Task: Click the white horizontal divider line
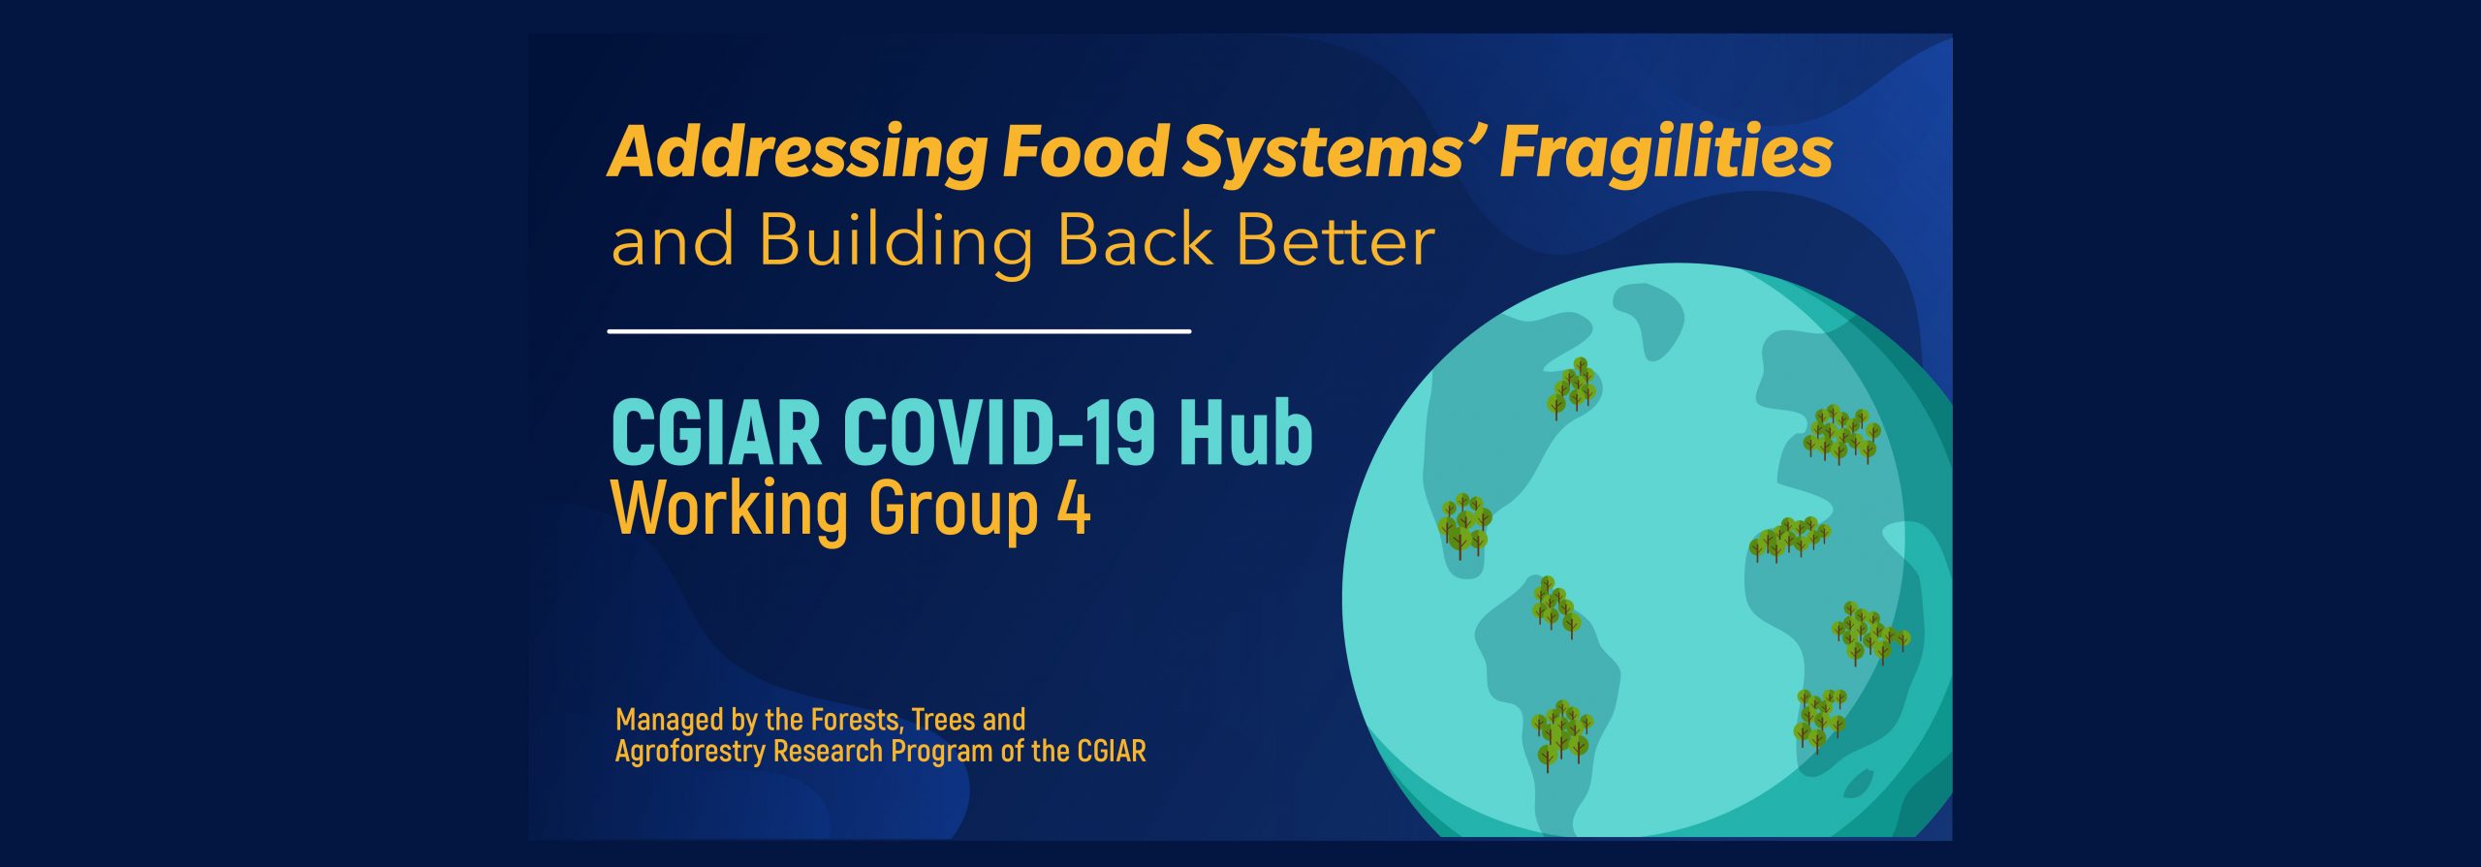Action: pyautogui.click(x=898, y=331)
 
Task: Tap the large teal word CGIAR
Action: pyautogui.click(x=716, y=433)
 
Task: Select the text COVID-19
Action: pyautogui.click(x=999, y=433)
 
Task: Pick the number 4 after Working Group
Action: pyautogui.click(x=1074, y=509)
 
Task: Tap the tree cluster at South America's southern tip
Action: pyautogui.click(x=1561, y=735)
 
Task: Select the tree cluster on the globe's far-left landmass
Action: pyautogui.click(x=1463, y=526)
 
